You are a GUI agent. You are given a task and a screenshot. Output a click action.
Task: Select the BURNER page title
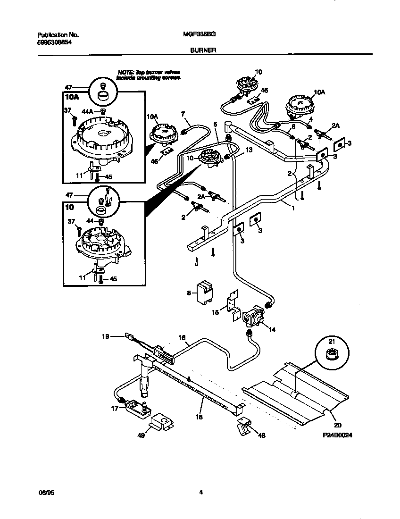click(200, 49)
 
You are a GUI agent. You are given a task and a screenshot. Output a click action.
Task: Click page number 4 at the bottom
click(200, 493)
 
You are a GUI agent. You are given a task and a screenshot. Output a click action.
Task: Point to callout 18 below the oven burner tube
click(200, 417)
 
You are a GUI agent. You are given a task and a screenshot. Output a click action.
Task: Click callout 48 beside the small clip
click(260, 435)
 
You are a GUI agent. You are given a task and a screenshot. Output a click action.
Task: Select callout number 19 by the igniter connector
click(106, 336)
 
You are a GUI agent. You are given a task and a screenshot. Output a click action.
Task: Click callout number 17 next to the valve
click(115, 409)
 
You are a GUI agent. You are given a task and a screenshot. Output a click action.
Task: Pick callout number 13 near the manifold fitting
click(249, 150)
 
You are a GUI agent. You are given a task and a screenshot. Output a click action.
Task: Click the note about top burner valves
click(149, 74)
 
